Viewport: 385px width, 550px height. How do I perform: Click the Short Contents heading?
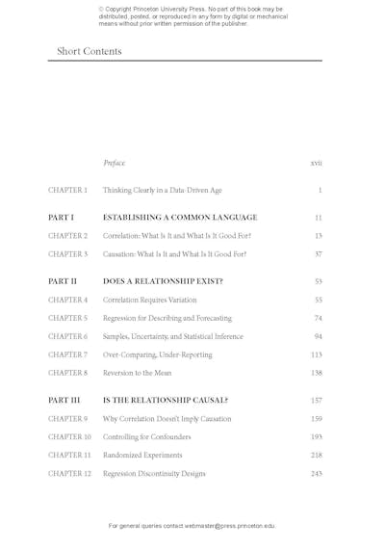click(x=90, y=51)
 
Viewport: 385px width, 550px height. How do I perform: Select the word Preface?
click(x=115, y=163)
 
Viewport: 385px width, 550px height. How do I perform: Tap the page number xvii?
click(x=316, y=163)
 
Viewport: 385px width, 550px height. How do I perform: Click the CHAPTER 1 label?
click(x=67, y=191)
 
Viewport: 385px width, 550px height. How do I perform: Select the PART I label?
click(x=61, y=218)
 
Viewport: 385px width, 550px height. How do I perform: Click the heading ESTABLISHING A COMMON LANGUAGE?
click(x=180, y=218)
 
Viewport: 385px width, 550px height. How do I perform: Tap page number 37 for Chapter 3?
click(x=318, y=254)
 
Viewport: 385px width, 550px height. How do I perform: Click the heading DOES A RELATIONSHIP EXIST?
click(x=163, y=281)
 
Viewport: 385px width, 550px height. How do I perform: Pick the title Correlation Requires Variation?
click(x=150, y=300)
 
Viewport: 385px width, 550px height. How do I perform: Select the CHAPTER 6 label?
click(x=67, y=336)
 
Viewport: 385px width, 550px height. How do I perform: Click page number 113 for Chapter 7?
click(x=316, y=354)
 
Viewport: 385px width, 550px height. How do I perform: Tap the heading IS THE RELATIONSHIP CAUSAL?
click(x=166, y=400)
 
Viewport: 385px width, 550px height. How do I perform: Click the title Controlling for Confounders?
click(x=146, y=437)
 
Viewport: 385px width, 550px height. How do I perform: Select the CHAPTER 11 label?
click(x=69, y=455)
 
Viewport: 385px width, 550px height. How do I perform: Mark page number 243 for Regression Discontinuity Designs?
click(x=316, y=473)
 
